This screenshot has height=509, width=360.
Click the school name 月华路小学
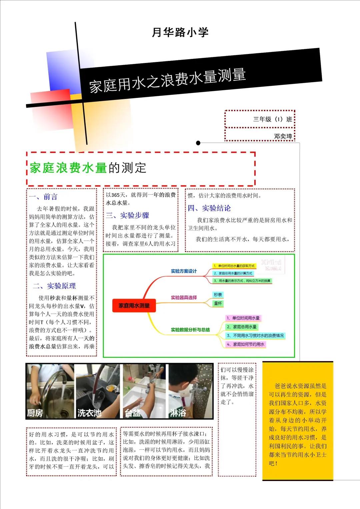(180, 32)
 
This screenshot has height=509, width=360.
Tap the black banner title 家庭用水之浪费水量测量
(167, 80)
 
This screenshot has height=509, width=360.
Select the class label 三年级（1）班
(272, 119)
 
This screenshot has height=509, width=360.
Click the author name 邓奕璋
(283, 136)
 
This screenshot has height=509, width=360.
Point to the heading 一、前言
(43, 197)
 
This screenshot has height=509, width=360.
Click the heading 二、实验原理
(54, 286)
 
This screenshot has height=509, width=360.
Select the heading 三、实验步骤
(128, 216)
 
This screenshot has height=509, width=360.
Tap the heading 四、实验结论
(209, 208)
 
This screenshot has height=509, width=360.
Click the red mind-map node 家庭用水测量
(134, 305)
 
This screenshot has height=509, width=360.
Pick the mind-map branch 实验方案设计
(184, 271)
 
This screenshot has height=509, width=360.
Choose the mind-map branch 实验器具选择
(184, 297)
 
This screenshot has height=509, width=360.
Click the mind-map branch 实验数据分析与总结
(190, 330)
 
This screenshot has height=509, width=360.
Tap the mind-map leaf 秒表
(218, 295)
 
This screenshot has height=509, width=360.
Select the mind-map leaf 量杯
(218, 303)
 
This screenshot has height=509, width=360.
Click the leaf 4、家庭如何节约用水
(246, 344)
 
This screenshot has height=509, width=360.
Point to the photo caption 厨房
(35, 413)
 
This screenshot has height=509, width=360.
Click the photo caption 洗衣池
(89, 413)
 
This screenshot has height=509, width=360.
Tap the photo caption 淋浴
(178, 413)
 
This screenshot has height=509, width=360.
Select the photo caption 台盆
(132, 413)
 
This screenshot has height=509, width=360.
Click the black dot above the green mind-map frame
(198, 143)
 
